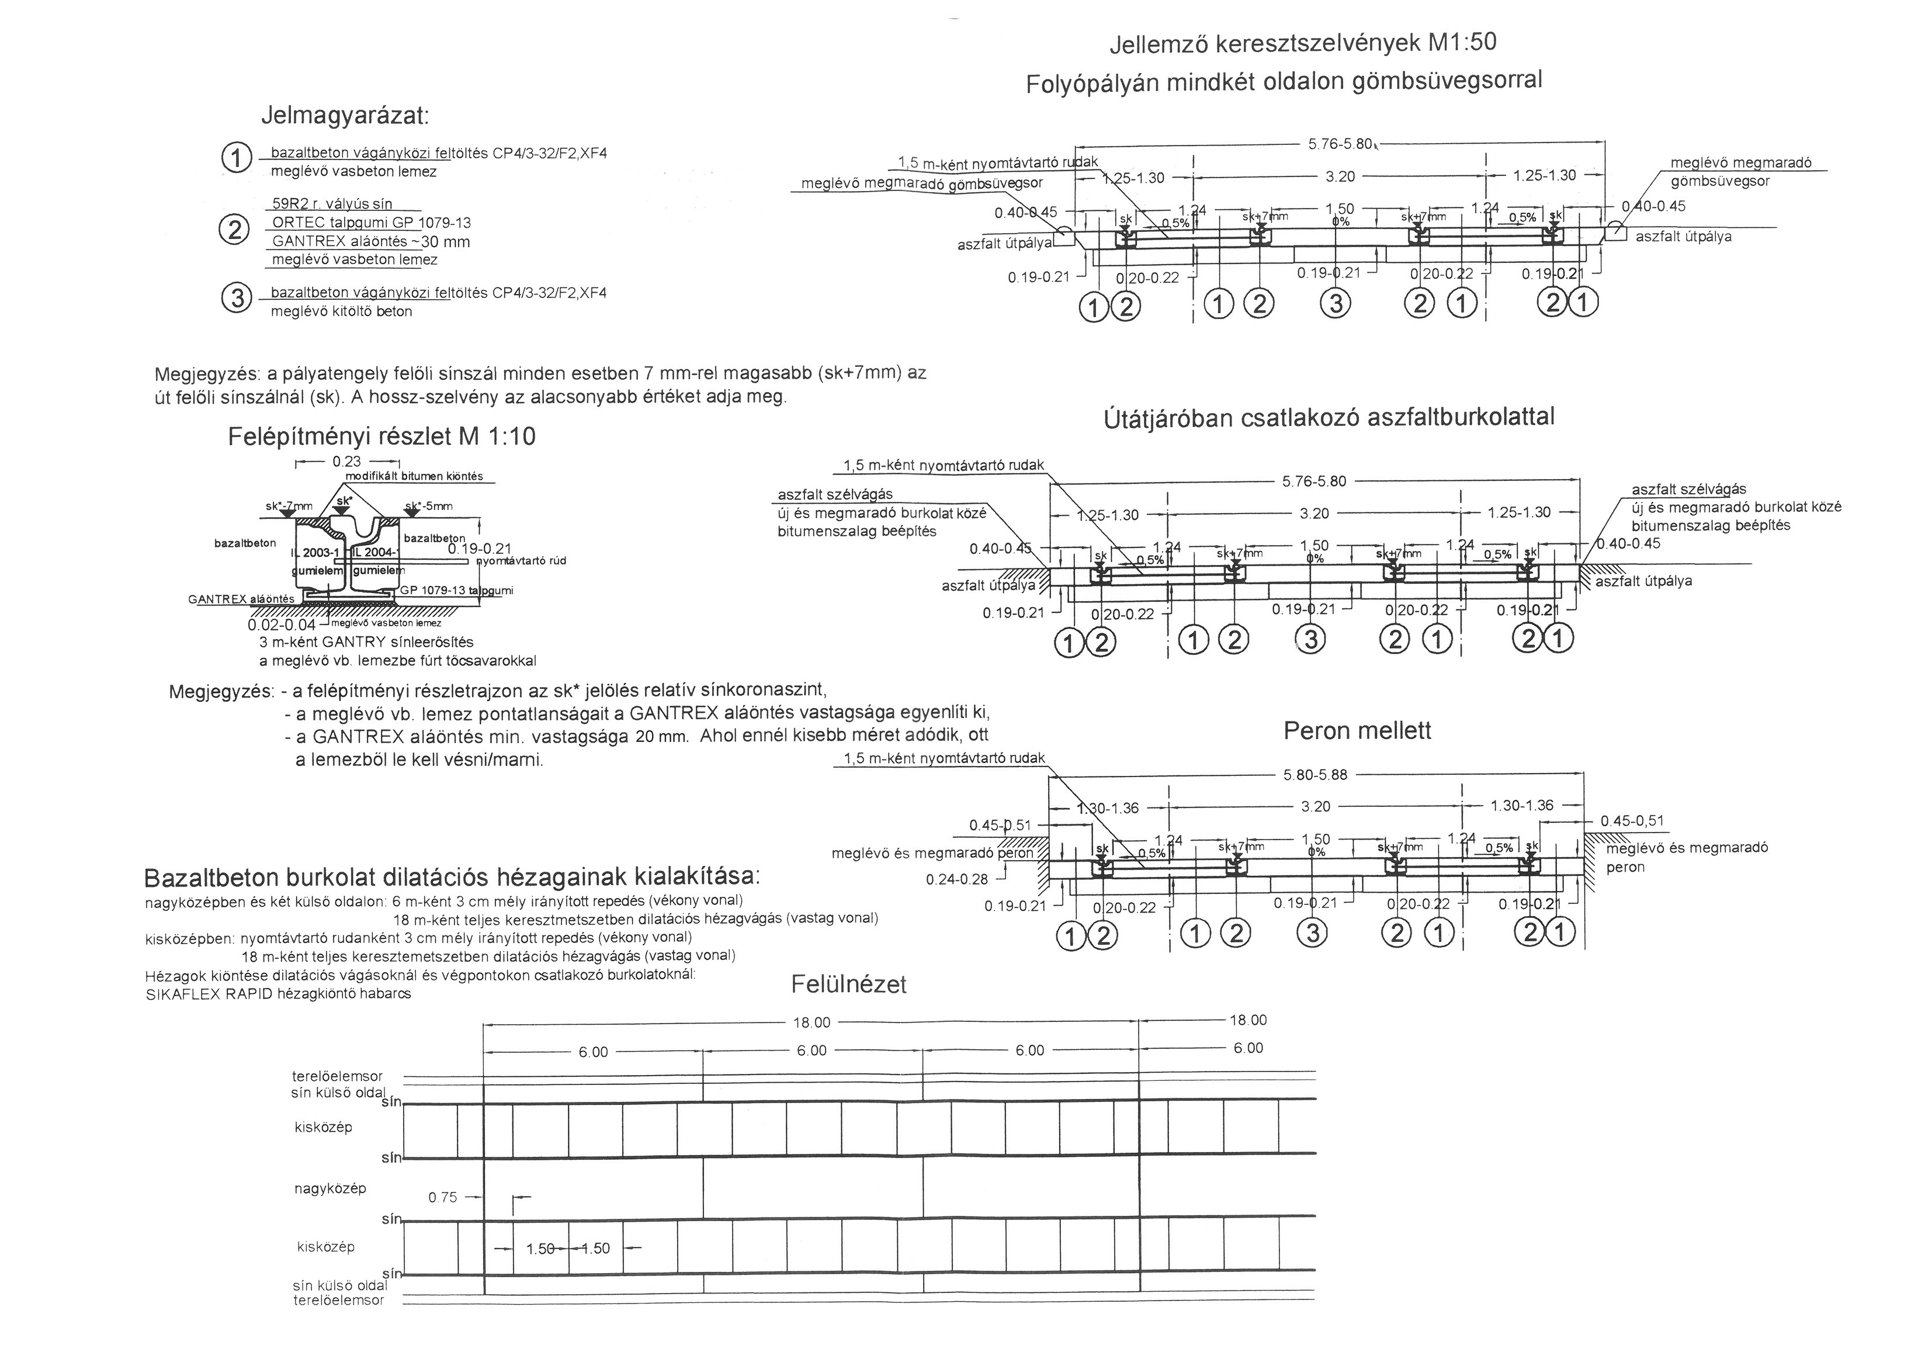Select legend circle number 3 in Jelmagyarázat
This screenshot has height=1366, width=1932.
click(x=237, y=298)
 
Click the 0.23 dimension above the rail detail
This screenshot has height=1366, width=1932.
click(x=346, y=461)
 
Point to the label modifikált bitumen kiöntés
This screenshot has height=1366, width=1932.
click(x=414, y=476)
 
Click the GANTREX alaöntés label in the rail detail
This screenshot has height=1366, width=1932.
click(x=241, y=599)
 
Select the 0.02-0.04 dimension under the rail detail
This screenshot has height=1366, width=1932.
click(x=281, y=625)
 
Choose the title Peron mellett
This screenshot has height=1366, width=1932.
click(x=1357, y=730)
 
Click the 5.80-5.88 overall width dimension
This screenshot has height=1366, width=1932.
click(x=1314, y=774)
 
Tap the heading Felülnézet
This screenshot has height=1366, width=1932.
click(x=848, y=984)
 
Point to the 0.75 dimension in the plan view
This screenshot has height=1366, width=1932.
click(x=443, y=1197)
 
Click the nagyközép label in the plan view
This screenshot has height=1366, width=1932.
click(x=330, y=1188)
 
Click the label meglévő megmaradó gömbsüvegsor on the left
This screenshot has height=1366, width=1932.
click(x=921, y=183)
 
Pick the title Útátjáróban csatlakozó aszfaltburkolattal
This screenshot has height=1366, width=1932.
click(x=1328, y=418)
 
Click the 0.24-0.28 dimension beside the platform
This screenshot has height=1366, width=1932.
click(x=957, y=879)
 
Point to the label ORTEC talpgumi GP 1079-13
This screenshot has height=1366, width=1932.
click(x=371, y=223)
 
